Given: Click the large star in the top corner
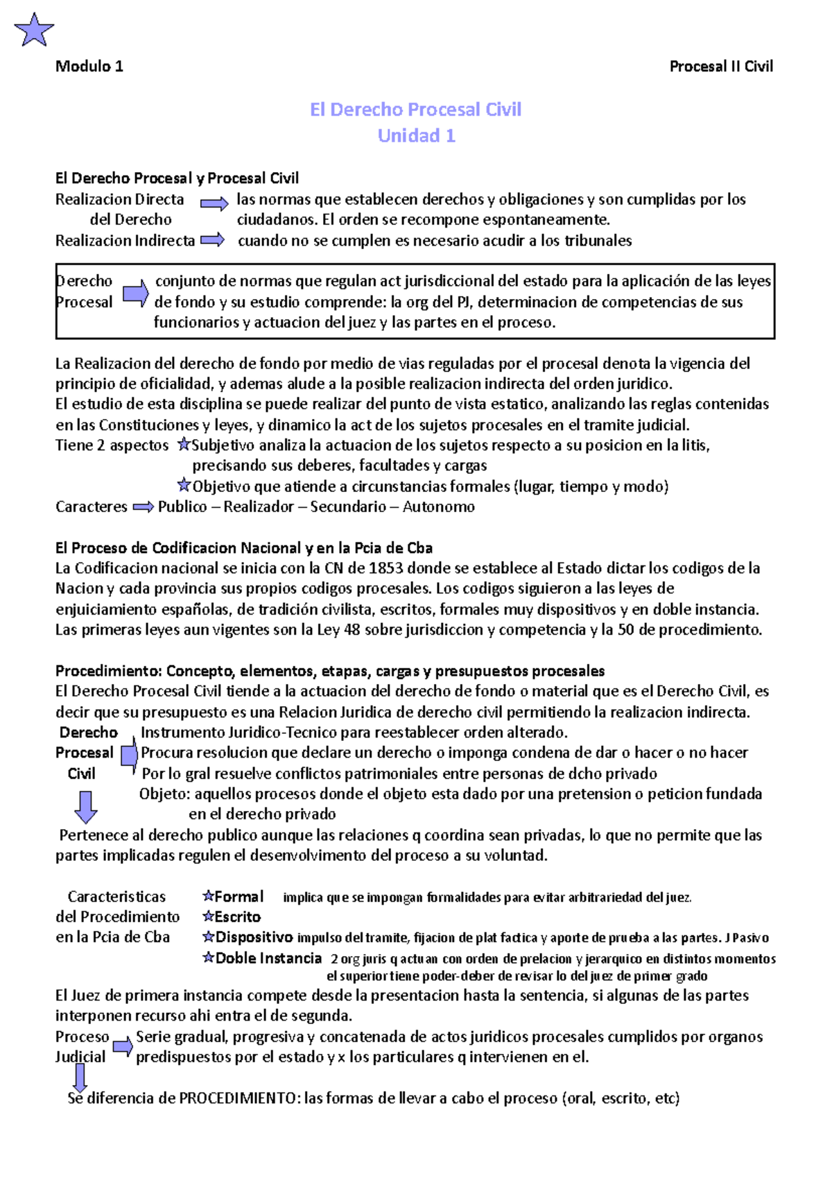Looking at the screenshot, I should click(33, 31).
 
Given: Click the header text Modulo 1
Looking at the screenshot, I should click(89, 67).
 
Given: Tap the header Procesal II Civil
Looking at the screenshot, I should click(720, 67).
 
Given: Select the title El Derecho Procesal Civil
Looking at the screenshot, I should click(415, 110).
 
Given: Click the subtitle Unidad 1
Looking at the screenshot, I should click(416, 136).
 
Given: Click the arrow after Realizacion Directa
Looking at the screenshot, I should click(214, 203).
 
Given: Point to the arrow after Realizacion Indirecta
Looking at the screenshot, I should click(212, 241).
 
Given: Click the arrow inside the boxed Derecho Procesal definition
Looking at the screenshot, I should click(135, 293).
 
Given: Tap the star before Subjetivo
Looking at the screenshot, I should click(183, 444).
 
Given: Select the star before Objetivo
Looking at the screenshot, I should click(183, 485).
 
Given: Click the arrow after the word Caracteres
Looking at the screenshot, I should click(143, 507).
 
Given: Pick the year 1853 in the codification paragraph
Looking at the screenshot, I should click(385, 568).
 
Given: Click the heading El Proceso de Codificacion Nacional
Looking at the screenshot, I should click(243, 548).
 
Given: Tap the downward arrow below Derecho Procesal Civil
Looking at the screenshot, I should click(85, 807).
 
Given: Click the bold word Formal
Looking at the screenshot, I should click(239, 897).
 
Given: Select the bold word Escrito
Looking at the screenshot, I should click(237, 917).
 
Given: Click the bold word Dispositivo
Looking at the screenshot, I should click(254, 938).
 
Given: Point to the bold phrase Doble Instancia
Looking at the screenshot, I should click(268, 959).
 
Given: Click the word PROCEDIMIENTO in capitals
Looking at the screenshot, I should click(238, 1098).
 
